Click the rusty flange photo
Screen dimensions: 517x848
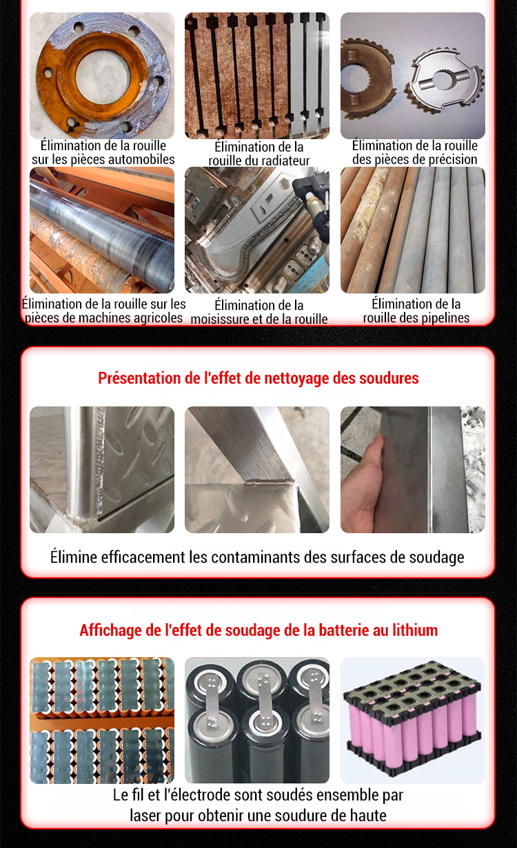[x=102, y=76]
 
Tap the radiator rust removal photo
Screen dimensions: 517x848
[x=257, y=76]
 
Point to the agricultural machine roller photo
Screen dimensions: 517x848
[x=102, y=230]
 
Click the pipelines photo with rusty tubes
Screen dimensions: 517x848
[x=413, y=230]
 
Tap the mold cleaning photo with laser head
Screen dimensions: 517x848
[x=257, y=230]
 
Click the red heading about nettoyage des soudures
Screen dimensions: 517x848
[x=258, y=378]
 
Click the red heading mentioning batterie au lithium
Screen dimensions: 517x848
[x=258, y=630]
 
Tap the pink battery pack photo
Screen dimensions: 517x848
[x=413, y=720]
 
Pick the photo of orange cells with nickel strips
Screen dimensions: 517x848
[x=102, y=720]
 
